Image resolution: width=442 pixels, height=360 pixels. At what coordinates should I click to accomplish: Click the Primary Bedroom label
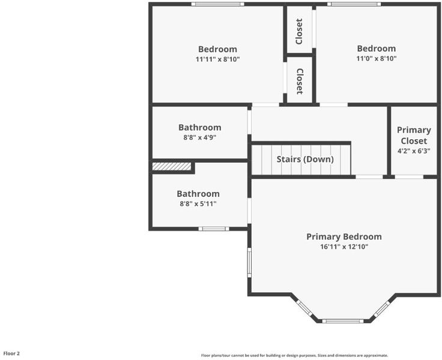point(344,237)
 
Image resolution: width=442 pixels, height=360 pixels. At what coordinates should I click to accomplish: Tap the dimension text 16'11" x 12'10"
point(344,247)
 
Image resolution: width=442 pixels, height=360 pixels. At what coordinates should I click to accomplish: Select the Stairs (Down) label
point(305,160)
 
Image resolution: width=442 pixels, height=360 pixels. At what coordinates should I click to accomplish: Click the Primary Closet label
point(414,136)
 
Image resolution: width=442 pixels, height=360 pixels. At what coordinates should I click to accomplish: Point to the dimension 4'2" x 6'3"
point(414,151)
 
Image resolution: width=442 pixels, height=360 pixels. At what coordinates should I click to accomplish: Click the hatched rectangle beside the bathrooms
point(172,166)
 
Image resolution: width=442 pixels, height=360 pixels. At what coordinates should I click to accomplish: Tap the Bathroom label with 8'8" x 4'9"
point(200,127)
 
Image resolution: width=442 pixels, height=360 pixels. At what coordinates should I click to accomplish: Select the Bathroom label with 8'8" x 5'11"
point(198,194)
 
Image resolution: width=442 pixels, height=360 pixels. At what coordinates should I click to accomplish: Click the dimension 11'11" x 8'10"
point(217,59)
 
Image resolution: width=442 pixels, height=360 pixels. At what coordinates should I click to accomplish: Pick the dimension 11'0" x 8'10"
point(377,59)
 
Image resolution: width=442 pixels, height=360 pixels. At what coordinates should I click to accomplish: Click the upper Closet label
point(299,32)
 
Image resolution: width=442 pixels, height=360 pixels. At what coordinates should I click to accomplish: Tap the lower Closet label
point(300,82)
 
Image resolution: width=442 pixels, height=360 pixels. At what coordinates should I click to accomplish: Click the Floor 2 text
point(11,353)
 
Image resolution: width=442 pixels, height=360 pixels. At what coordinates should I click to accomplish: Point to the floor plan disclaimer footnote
point(294,355)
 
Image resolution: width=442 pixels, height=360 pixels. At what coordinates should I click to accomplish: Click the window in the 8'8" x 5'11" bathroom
point(214,229)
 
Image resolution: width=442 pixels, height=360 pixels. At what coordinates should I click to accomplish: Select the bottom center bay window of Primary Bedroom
point(343,321)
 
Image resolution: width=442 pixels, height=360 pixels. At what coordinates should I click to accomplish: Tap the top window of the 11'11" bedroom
point(217,4)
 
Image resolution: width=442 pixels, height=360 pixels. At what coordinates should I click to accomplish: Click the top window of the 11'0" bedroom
point(354,4)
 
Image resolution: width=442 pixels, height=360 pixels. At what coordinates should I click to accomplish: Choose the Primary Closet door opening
point(409,177)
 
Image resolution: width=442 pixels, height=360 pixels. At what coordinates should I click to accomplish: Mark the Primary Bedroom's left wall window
point(249,263)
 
